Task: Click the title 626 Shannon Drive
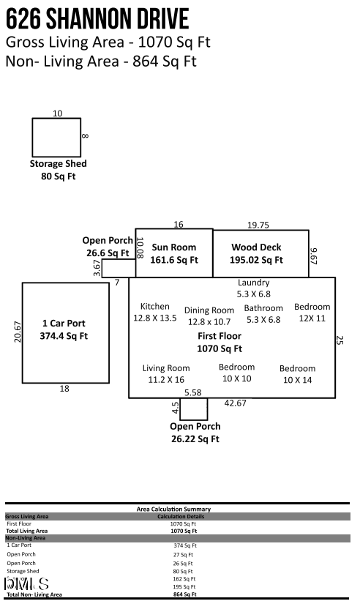coord(97,18)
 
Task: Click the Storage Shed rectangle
coord(56,137)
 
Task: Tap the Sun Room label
coord(173,247)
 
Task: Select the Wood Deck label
coord(256,247)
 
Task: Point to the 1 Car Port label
coord(64,323)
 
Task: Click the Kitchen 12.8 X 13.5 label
coord(154,312)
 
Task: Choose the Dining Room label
coord(209,310)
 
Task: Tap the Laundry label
coord(253,283)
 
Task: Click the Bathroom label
coord(263,308)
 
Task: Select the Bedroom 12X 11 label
coord(312,312)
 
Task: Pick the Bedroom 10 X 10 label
coord(236,373)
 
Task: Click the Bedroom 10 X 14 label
coord(297,374)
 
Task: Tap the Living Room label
coord(165,373)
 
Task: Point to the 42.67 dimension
coord(235,403)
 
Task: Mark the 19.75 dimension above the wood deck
coord(258,225)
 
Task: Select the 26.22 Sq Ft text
coord(195,439)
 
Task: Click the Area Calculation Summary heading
coord(173,509)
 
